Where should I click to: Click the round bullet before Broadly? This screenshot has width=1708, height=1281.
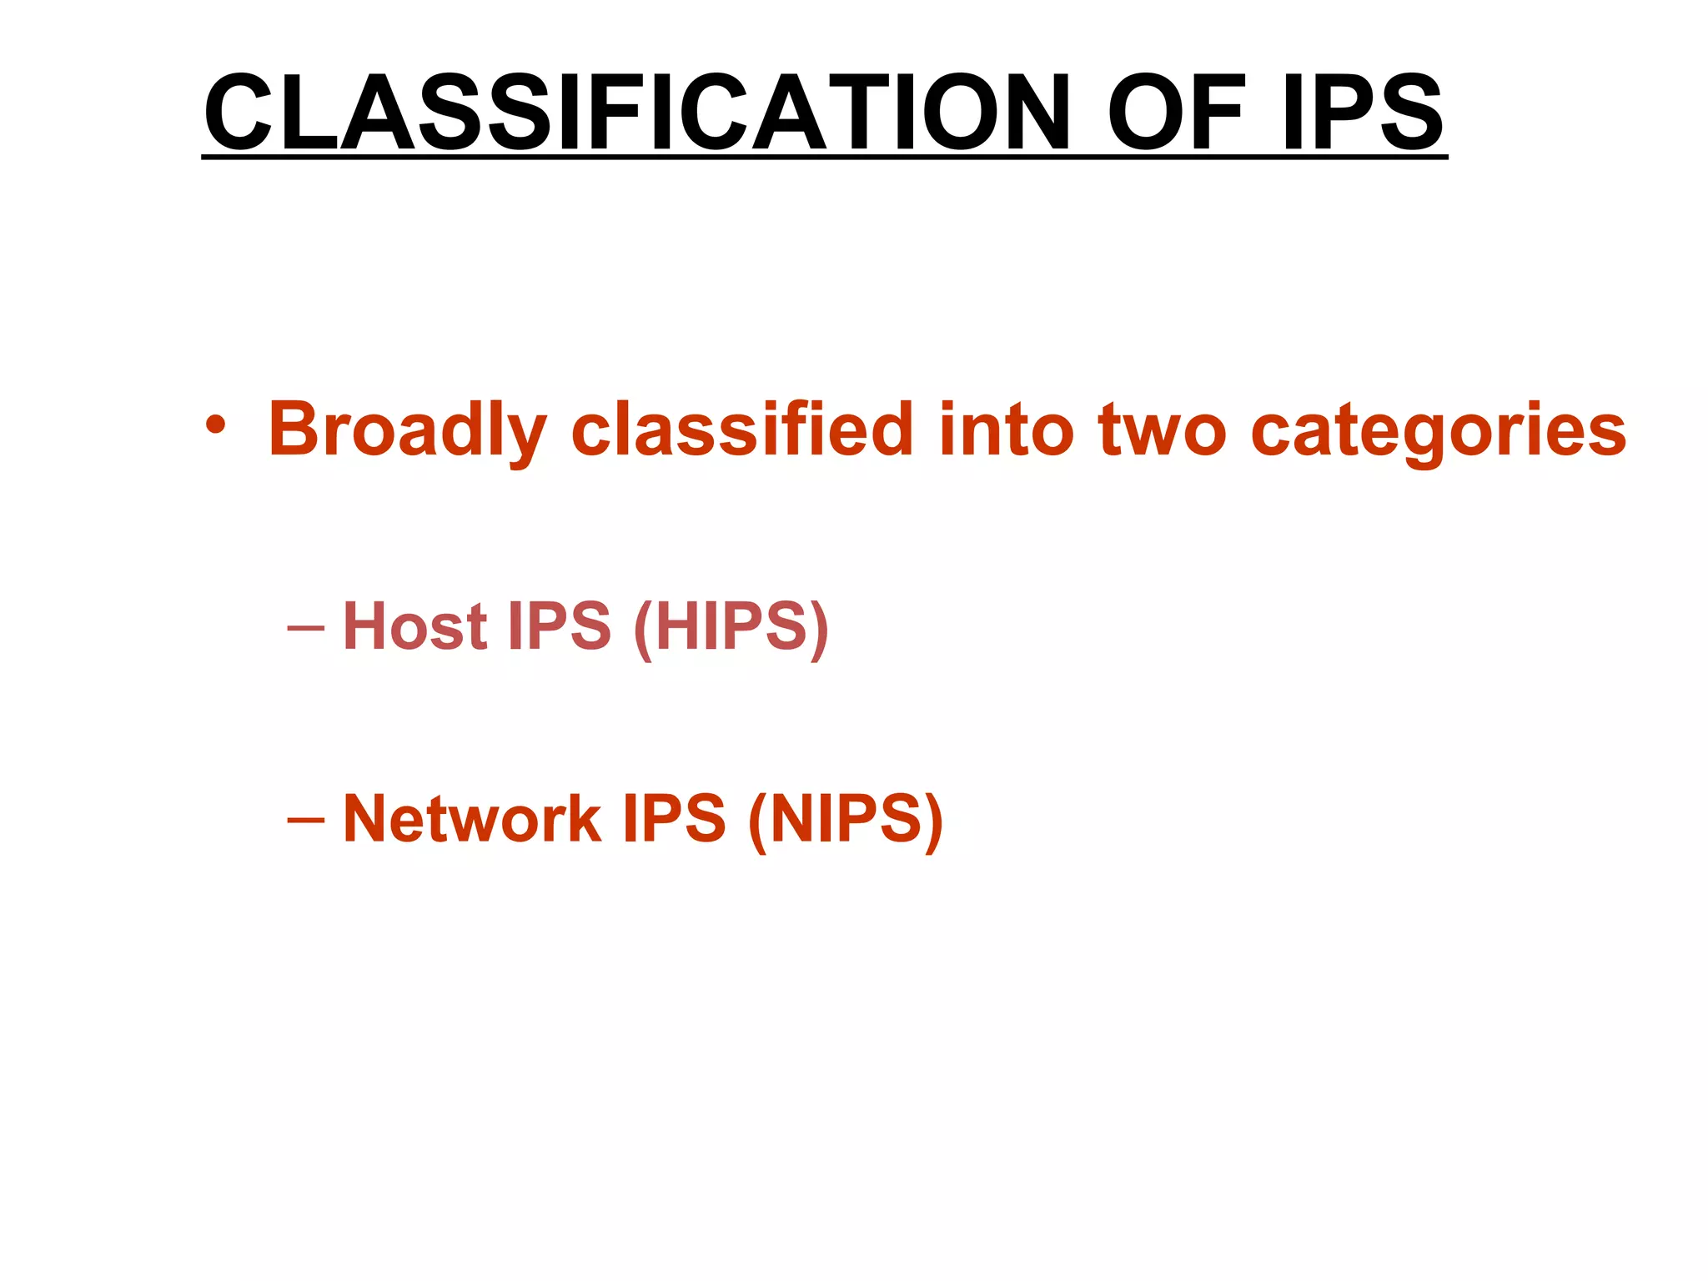pos(215,426)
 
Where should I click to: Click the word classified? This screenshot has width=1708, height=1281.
pos(742,429)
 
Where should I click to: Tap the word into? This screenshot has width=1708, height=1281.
pos(1006,429)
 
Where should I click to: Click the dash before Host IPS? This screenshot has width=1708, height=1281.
pos(305,626)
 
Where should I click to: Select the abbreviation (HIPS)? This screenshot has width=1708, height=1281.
pos(731,627)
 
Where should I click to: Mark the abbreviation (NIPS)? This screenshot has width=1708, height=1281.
pos(846,820)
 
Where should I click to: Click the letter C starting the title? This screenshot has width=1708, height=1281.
pos(238,113)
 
